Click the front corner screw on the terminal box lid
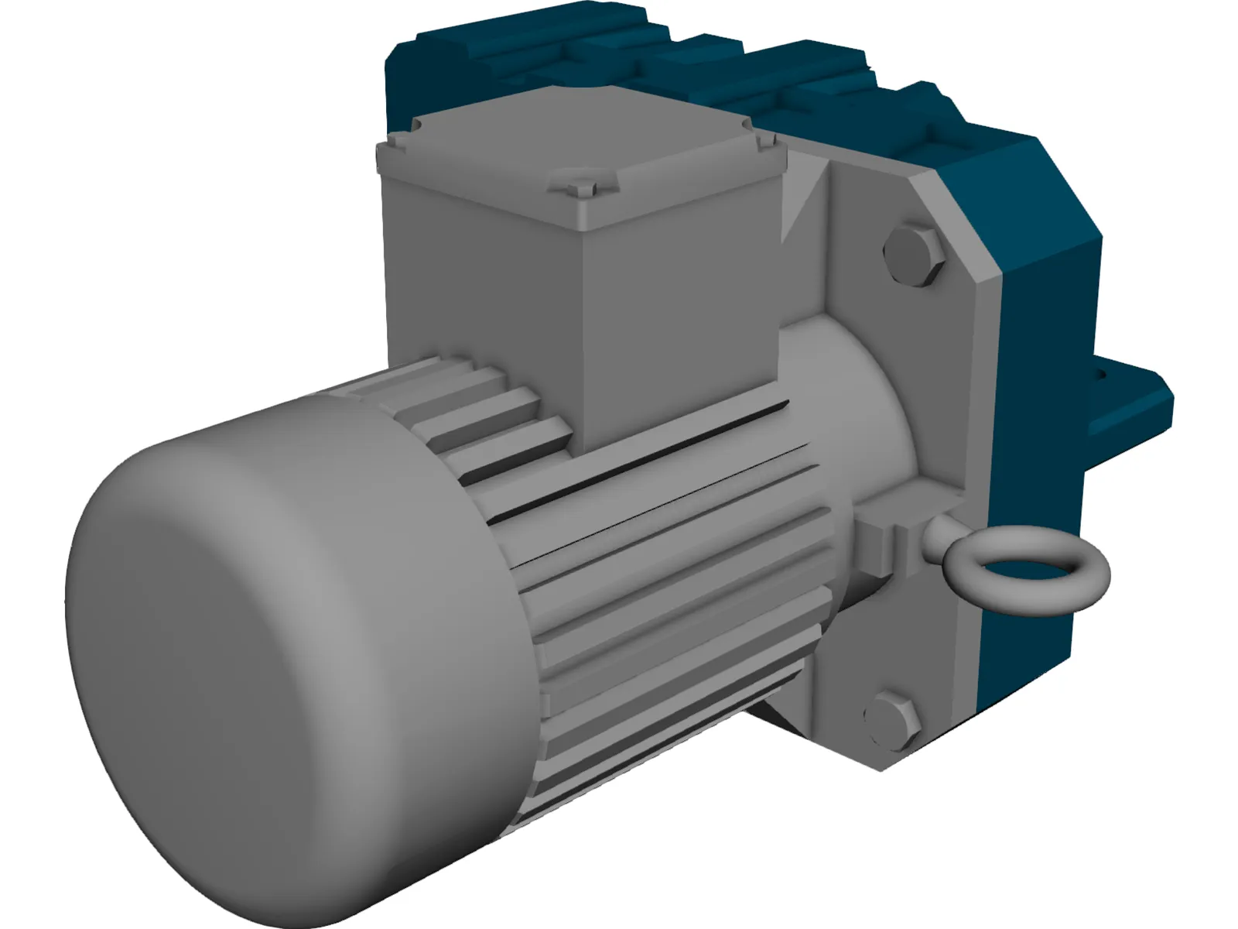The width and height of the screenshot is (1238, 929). (573, 186)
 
